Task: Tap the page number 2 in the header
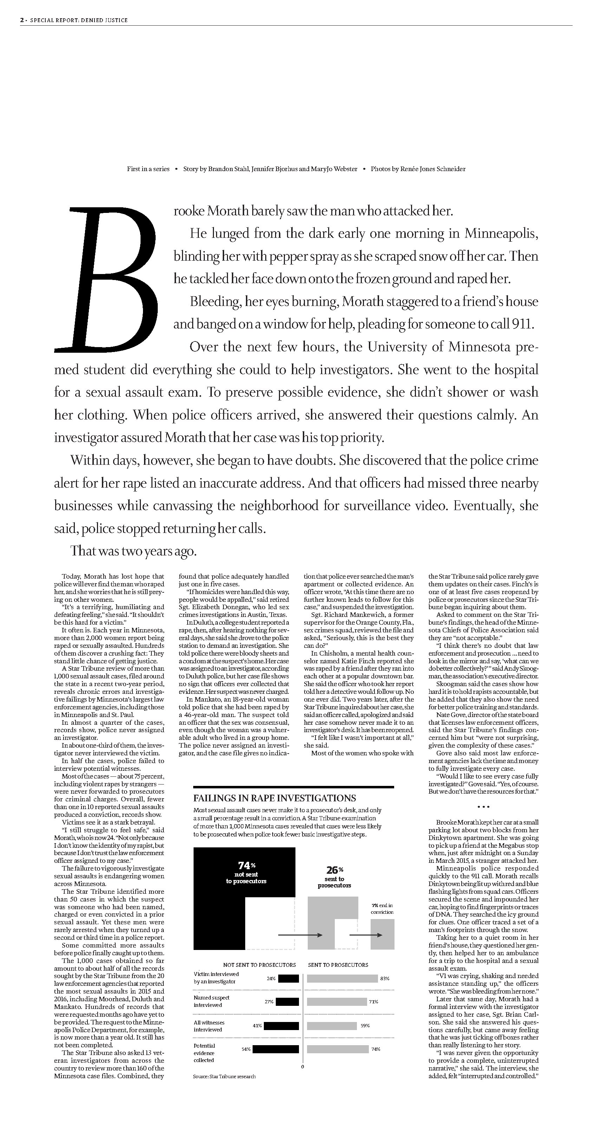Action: click(21, 20)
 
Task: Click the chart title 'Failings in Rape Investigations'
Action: click(274, 798)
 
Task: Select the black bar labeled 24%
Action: click(288, 979)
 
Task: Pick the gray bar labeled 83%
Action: click(342, 979)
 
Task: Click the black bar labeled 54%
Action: click(276, 1049)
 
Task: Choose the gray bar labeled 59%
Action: click(332, 1026)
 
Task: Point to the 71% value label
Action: click(373, 1002)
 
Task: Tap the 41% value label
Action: click(258, 1026)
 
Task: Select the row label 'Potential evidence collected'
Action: click(204, 1053)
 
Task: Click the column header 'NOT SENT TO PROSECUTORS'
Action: click(260, 965)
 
